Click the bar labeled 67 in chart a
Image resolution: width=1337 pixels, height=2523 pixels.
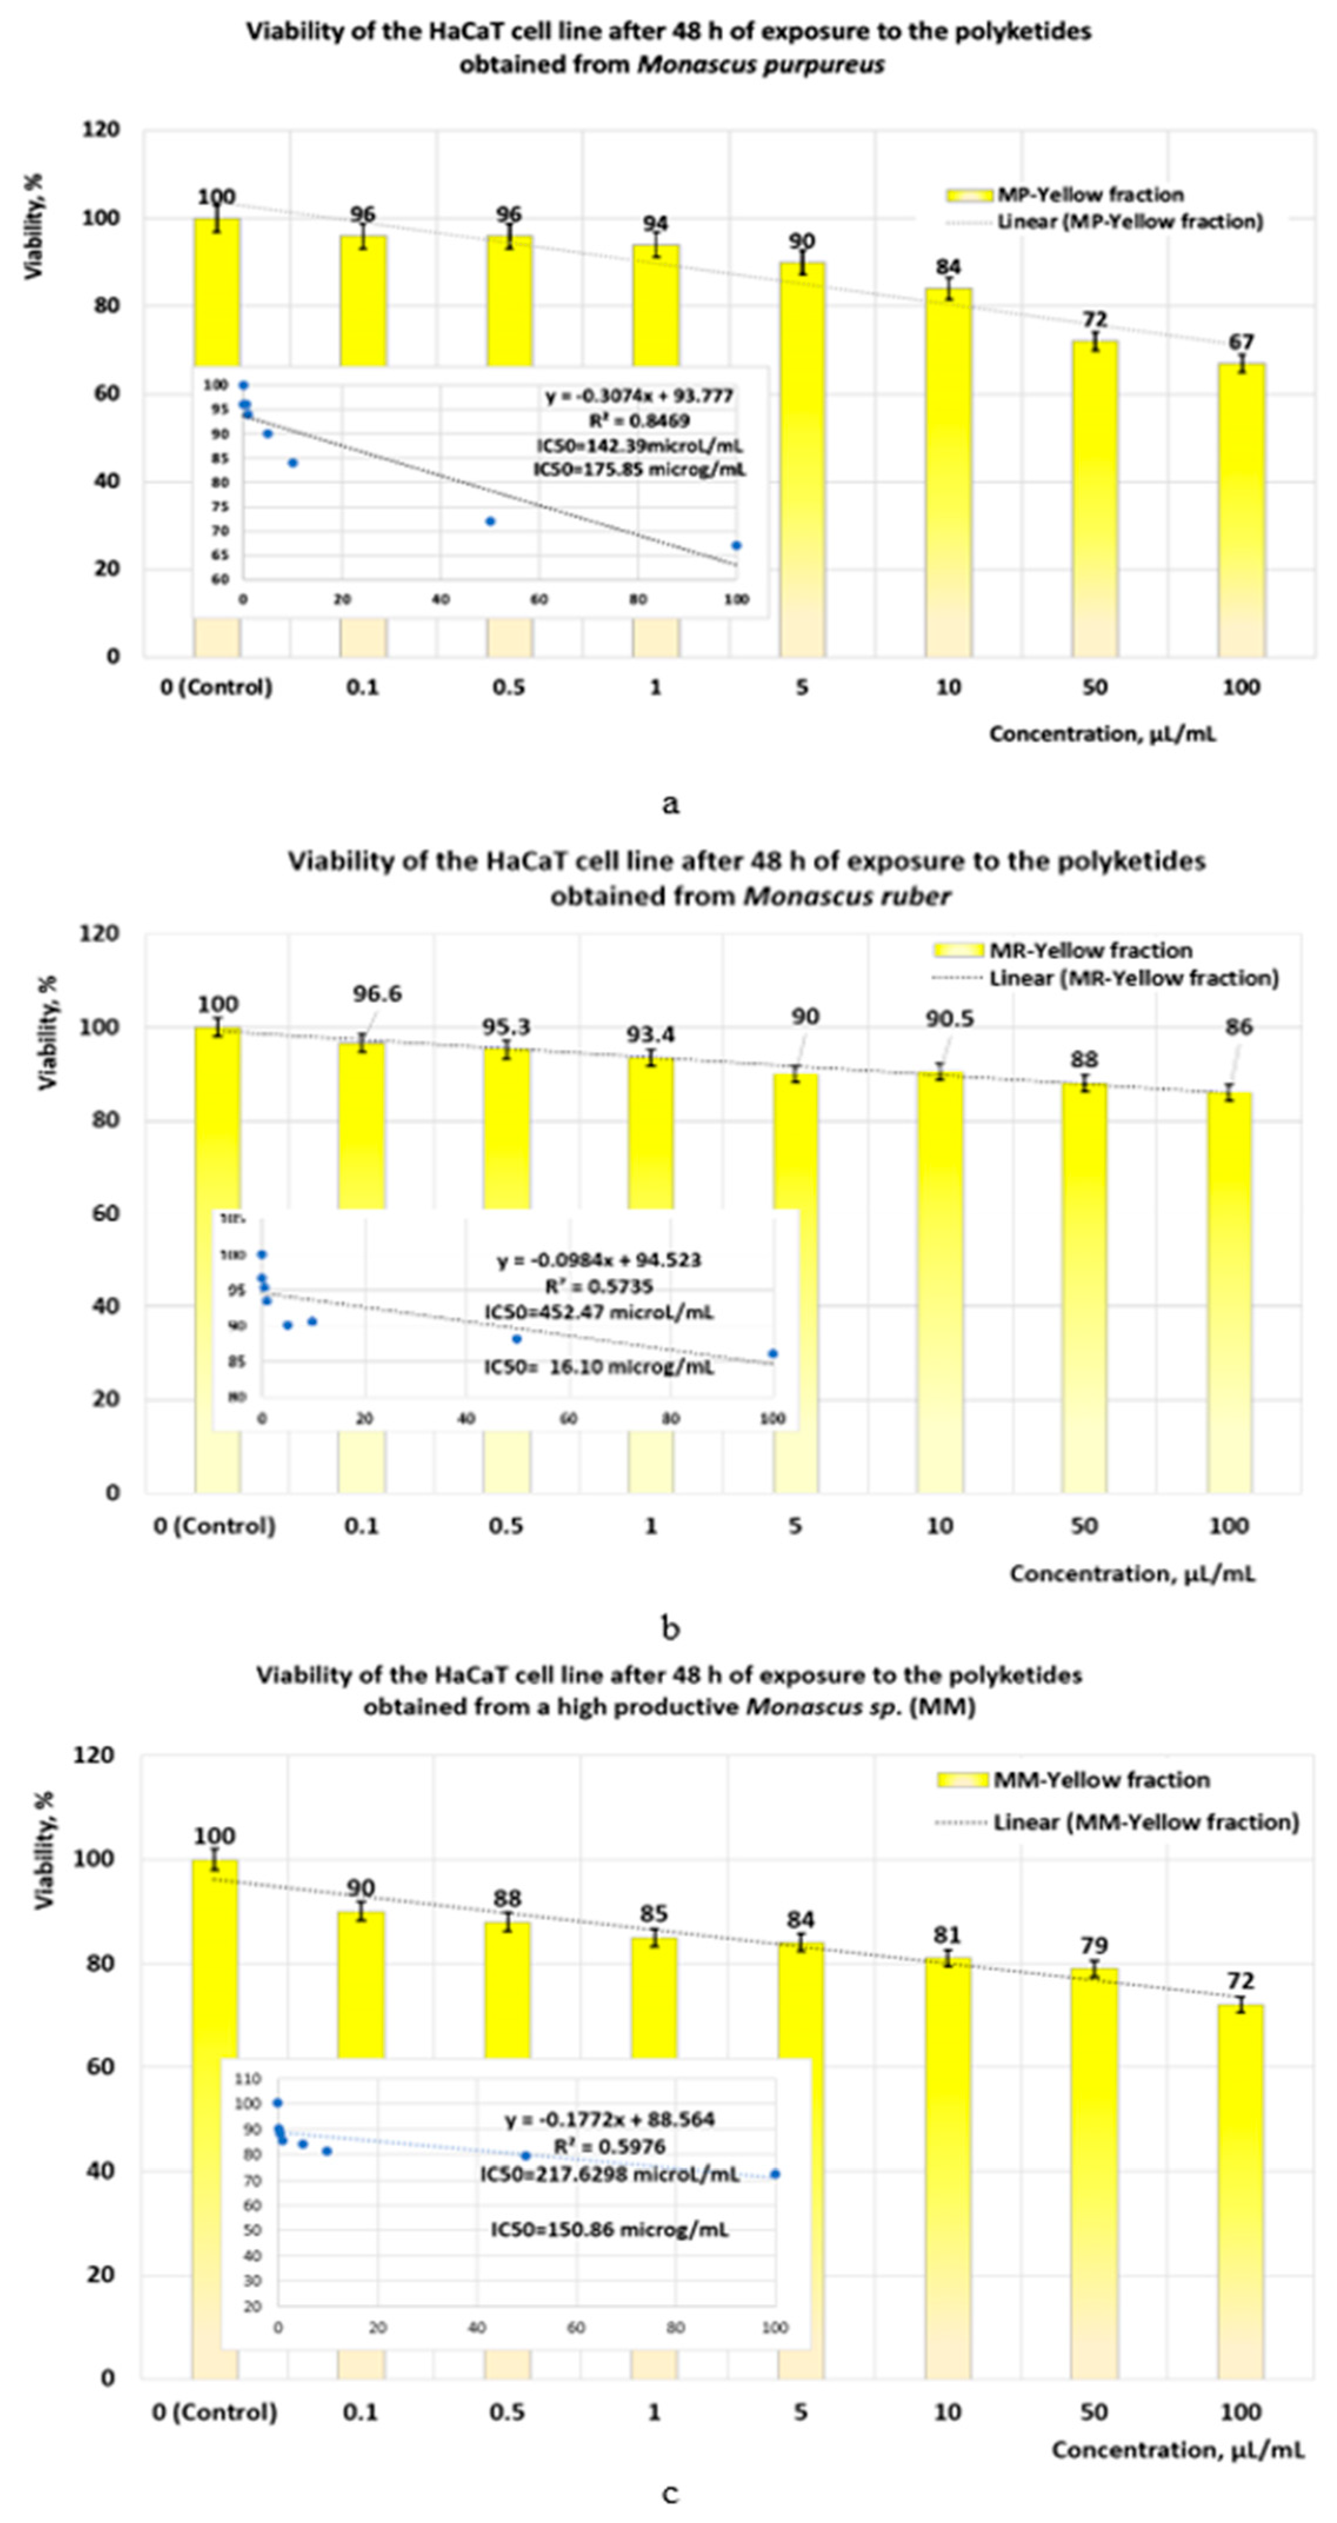1241,509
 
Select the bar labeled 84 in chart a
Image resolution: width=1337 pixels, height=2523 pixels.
948,470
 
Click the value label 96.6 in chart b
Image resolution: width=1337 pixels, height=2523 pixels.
377,994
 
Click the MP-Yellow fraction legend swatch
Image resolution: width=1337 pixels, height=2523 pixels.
970,195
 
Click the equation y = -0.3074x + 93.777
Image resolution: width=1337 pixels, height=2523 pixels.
639,396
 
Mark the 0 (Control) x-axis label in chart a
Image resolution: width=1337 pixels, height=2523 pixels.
216,686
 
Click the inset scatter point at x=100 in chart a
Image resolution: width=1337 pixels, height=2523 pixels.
737,546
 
